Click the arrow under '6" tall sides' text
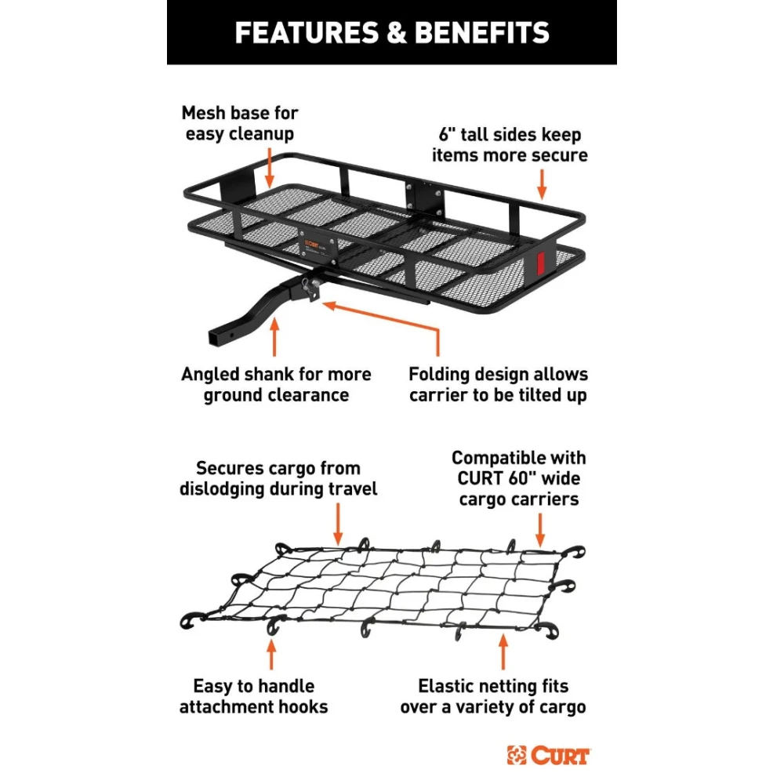541,185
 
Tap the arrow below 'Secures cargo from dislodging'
339,521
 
